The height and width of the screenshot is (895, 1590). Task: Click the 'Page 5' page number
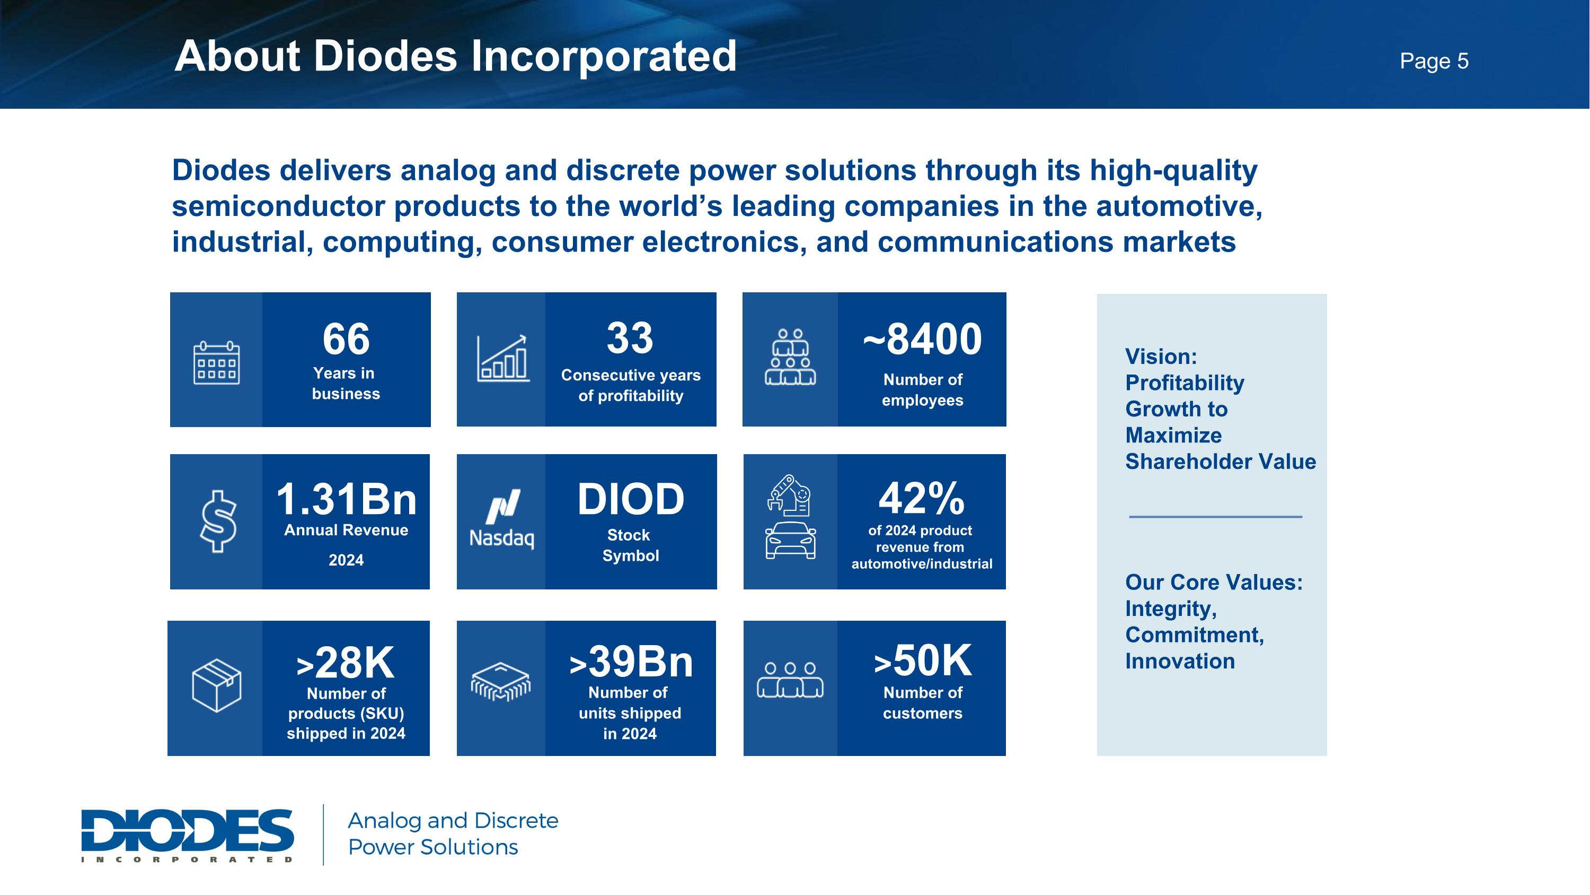tap(1433, 61)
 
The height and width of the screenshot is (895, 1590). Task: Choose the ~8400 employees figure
tap(922, 339)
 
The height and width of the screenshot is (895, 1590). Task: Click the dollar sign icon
tap(218, 520)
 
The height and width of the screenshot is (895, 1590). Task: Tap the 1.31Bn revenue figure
tap(346, 499)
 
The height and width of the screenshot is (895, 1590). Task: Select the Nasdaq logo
tap(502, 519)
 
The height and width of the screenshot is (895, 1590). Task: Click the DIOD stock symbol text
tap(630, 499)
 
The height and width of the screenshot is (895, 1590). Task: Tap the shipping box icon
tap(216, 685)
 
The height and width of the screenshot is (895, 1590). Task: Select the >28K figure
tap(346, 663)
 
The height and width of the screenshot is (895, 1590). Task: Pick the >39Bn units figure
tap(630, 662)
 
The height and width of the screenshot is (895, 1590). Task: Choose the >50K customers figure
tap(922, 661)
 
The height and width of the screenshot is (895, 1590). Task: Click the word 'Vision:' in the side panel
tap(1160, 357)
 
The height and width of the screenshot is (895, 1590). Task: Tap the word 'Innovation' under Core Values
tap(1180, 661)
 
